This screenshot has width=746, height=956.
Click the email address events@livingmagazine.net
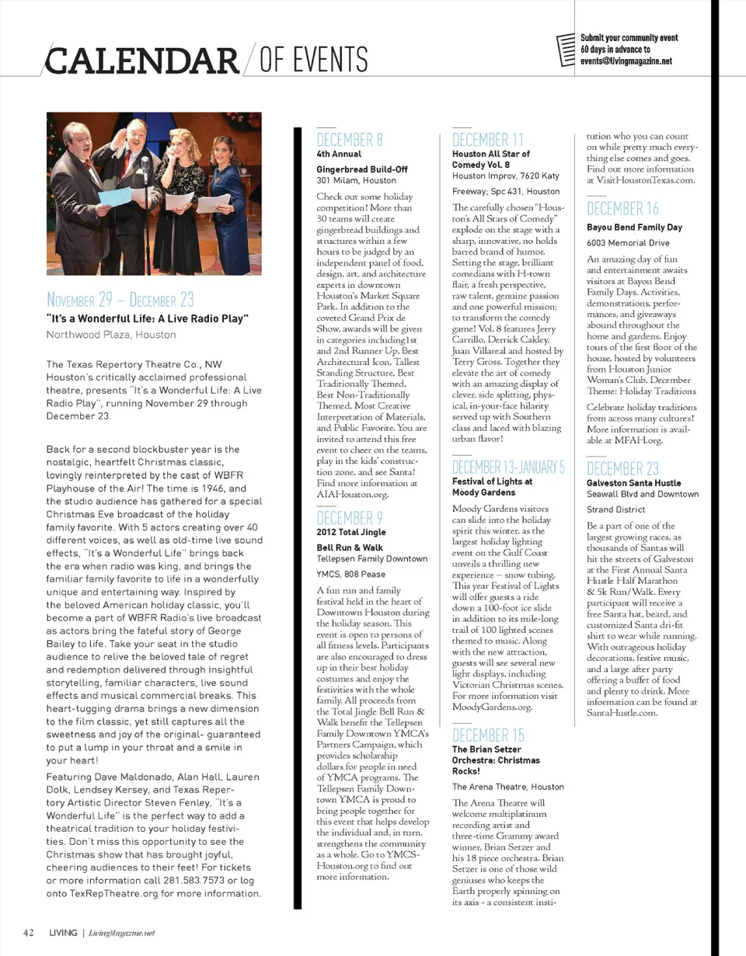[x=626, y=62]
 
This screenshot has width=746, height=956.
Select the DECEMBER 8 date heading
[x=350, y=141]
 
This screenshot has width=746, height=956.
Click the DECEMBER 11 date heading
[x=488, y=141]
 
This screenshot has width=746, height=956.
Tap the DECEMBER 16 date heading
[x=622, y=208]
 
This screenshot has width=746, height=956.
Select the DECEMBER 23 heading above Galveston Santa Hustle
[x=622, y=468]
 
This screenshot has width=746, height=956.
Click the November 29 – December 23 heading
[x=120, y=299]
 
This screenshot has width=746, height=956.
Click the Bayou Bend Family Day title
[x=634, y=228]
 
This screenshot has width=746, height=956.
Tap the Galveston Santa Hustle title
[x=634, y=482]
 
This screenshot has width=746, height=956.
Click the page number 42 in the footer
[x=27, y=933]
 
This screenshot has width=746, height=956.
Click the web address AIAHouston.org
[x=352, y=494]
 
